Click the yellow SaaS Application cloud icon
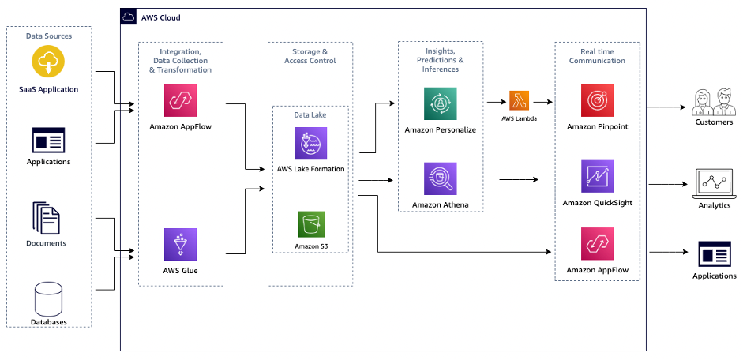tap(48, 62)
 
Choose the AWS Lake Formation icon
tap(310, 144)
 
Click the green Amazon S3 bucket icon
tap(310, 224)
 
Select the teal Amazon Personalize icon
tap(440, 103)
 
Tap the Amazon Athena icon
tap(440, 179)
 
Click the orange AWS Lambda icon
tap(519, 101)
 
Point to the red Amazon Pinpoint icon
tap(597, 101)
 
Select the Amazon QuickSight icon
tap(597, 177)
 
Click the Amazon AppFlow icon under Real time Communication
tap(597, 244)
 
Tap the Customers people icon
tap(713, 102)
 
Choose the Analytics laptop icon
tap(713, 182)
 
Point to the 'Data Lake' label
tap(310, 114)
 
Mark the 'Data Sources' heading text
tap(49, 36)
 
